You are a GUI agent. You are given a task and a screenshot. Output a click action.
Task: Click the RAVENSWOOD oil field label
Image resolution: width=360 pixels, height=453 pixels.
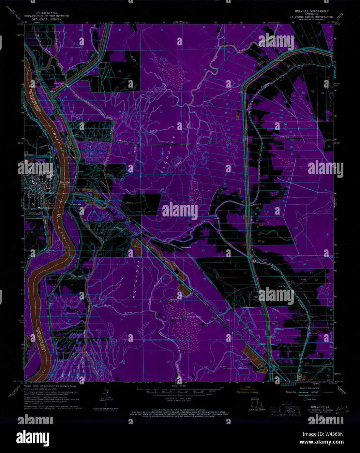click(x=194, y=317)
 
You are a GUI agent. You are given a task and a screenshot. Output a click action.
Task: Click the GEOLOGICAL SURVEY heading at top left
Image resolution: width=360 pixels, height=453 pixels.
click(x=44, y=19)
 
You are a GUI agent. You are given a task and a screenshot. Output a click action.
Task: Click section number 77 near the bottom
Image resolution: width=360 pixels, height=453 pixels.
click(x=168, y=362)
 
